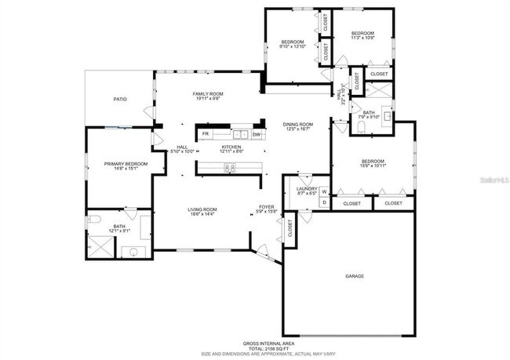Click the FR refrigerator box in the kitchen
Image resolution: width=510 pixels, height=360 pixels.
(206, 134)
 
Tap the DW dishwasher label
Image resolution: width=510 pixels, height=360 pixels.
(256, 134)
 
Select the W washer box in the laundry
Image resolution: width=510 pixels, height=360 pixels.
(323, 191)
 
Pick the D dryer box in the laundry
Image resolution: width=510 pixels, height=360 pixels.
(323, 202)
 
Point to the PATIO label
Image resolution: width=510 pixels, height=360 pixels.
(120, 99)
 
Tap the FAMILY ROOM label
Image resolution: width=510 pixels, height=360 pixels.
(208, 94)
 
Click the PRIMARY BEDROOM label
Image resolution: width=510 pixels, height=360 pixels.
(126, 163)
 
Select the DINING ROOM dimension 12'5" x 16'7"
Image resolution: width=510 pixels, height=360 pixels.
(298, 129)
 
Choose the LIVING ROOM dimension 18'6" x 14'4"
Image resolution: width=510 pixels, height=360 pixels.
(202, 214)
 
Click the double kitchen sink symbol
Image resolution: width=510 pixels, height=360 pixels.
(239, 134)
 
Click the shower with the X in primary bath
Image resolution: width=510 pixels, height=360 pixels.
(100, 248)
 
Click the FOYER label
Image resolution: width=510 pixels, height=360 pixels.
(266, 208)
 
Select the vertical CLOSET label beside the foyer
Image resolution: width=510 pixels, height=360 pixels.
(290, 228)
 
